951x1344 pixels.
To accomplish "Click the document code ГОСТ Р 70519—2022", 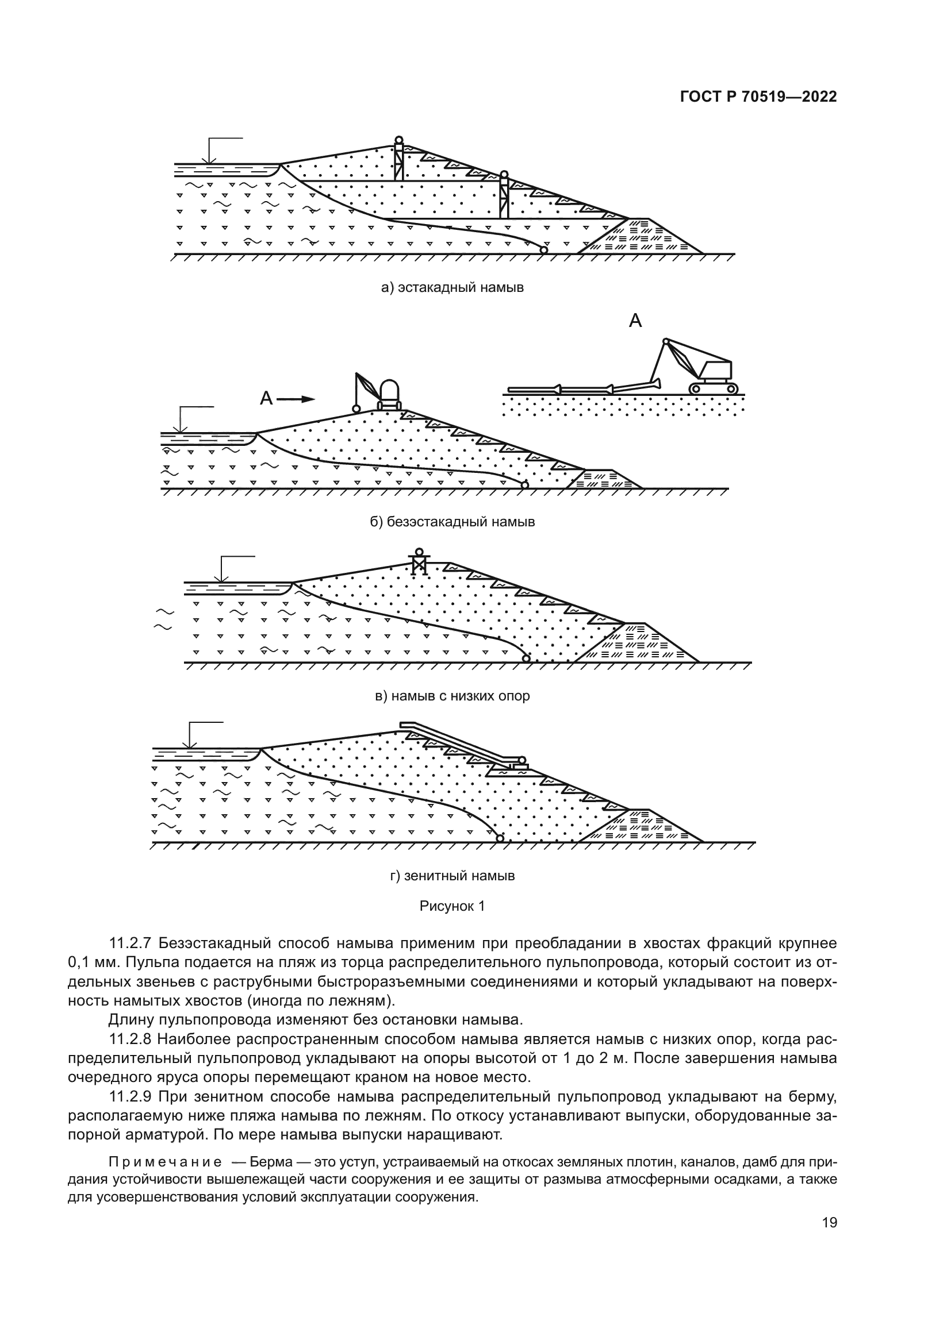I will click(758, 98).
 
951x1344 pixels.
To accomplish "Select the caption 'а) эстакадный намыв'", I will click(452, 287).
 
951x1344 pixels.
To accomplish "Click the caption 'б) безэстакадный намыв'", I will click(452, 522).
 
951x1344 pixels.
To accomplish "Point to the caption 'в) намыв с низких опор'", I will click(452, 696).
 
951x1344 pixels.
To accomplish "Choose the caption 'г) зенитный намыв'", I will click(452, 876).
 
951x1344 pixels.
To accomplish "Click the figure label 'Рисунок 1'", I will click(452, 907).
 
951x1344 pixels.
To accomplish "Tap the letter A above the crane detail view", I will click(635, 321).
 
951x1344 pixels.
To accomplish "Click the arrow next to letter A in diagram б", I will click(296, 399).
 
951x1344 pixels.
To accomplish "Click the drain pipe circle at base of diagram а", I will click(543, 250).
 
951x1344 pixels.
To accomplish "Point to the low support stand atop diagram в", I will click(419, 563).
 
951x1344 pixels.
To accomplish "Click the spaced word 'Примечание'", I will click(165, 1162).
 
